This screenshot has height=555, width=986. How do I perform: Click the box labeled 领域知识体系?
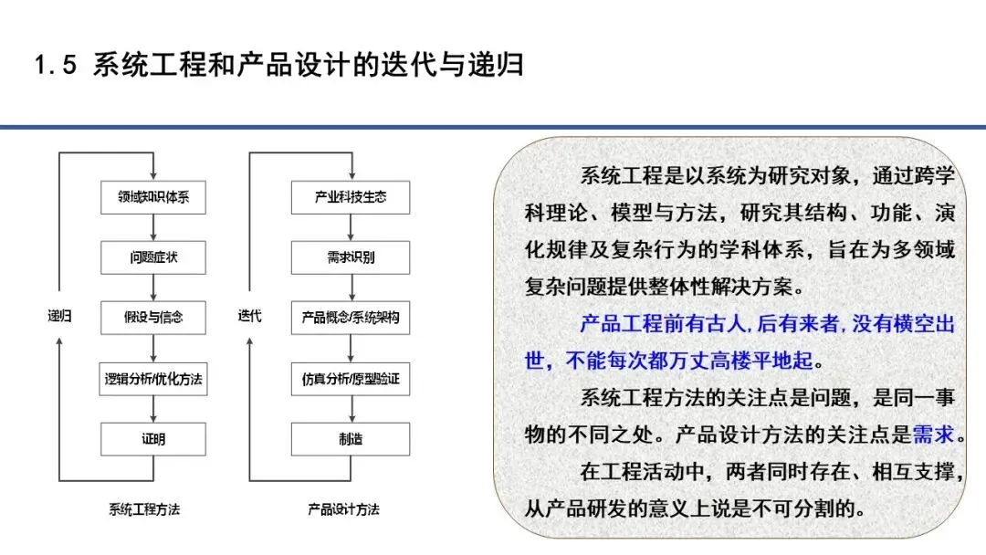[x=153, y=197]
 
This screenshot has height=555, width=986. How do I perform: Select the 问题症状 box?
[x=153, y=257]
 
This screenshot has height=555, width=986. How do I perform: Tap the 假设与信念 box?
[x=153, y=318]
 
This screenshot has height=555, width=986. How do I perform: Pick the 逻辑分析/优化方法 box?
[x=153, y=379]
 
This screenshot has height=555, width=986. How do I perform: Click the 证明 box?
[x=153, y=439]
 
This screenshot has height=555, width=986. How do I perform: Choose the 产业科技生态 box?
[x=351, y=197]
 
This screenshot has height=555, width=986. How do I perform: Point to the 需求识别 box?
[x=351, y=257]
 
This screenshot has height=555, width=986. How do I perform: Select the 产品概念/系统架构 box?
[x=351, y=318]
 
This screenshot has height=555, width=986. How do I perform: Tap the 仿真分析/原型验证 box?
[x=351, y=379]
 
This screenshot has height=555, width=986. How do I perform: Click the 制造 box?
[x=351, y=439]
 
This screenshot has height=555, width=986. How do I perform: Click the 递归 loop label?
[x=59, y=316]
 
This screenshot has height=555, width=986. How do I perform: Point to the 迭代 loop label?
[x=249, y=316]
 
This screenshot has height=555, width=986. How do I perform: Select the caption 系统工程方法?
[x=144, y=509]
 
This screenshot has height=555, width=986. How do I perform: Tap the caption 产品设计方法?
[x=343, y=509]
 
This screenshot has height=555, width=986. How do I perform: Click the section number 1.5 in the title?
[x=56, y=65]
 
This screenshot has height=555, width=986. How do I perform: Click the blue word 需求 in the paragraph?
[x=933, y=434]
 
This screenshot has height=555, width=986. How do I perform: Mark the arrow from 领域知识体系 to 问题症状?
[x=153, y=227]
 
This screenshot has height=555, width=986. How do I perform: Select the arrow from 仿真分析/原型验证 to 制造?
[x=351, y=409]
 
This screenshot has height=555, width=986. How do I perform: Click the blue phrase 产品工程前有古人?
[x=663, y=324]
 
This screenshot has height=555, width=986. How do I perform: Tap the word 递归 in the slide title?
[x=495, y=65]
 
